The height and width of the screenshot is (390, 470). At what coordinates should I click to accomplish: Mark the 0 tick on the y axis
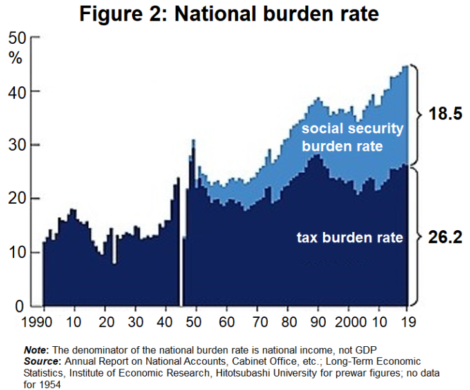coord(20,306)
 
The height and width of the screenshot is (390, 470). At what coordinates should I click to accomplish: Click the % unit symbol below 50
coord(15,57)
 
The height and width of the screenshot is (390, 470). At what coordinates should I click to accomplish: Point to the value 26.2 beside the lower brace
coord(446,237)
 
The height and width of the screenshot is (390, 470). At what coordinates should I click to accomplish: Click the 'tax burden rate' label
coord(350,238)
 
